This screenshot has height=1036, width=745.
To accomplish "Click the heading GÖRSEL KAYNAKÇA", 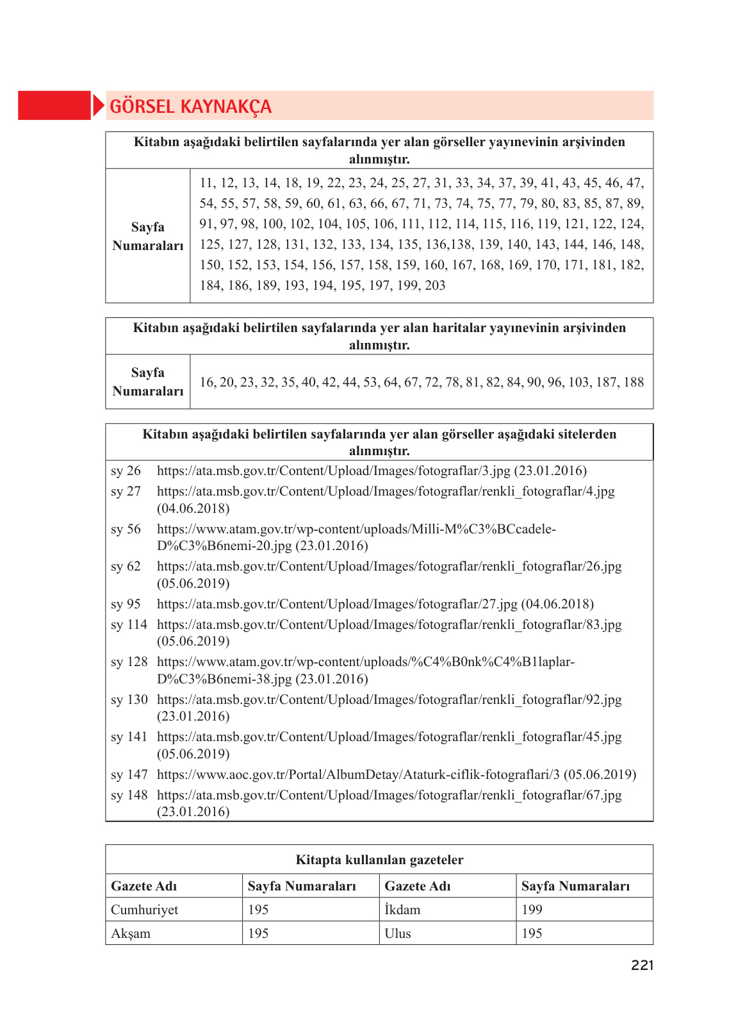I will coord(190,106).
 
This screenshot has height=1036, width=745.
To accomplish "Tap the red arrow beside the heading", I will coord(98,106).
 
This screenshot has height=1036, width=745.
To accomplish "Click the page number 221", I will coord(642,965).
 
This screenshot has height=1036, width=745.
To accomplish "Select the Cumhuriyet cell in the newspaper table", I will coord(145,910).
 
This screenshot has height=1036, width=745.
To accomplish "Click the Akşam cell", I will coord(131,933).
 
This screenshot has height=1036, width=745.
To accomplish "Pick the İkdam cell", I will coord(402,910).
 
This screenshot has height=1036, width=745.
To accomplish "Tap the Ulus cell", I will coord(398,933).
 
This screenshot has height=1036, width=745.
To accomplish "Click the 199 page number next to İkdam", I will coord(532,910).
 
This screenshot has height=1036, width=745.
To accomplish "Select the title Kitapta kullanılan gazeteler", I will coord(379,860).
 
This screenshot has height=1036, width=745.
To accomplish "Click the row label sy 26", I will coord(126,471).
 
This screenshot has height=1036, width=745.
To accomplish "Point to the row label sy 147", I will coord(129,774).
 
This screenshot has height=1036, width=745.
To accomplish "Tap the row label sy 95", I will coord(126,604).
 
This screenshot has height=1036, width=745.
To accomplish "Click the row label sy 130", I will coord(129,699).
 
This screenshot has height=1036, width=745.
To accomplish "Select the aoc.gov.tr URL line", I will coord(396,774).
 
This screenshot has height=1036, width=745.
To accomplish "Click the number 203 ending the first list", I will coord(435,285).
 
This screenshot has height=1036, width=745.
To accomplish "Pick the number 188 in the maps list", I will coord(633,382).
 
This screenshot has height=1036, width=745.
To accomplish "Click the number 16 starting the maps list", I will coord(208,382).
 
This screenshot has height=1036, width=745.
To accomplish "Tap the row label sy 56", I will coord(126,529).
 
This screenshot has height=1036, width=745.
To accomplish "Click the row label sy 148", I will coord(129,795).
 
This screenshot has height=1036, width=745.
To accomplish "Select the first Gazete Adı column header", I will coord(143,886).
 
